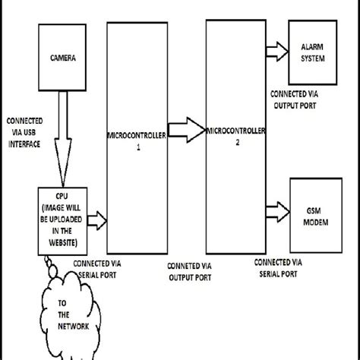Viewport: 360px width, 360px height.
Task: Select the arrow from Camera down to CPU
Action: click(x=63, y=137)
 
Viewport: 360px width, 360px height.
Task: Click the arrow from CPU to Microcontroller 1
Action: click(x=96, y=221)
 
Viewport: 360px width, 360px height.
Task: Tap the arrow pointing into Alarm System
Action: click(x=276, y=50)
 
